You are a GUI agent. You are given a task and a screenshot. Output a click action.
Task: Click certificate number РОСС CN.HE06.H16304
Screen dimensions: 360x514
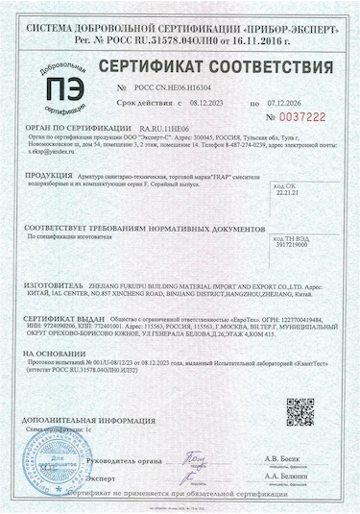coord(170,86)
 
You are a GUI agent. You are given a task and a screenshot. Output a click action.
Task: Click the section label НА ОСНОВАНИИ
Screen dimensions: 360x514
coord(56,353)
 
